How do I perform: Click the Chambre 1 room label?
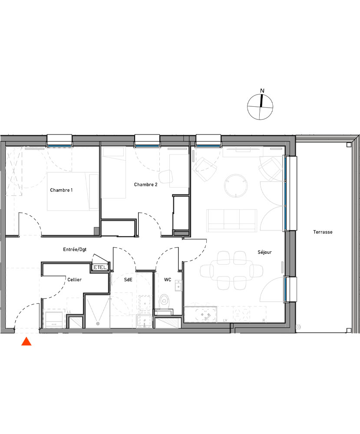[61, 190]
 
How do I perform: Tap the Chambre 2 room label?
[145, 184]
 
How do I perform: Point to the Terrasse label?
[323, 232]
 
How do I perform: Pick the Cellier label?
[74, 280]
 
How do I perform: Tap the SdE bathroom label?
[128, 280]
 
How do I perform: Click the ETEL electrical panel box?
[99, 268]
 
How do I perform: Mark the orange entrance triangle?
[26, 342]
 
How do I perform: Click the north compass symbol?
[261, 107]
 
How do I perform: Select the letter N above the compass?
[261, 91]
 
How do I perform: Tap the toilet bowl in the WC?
[164, 300]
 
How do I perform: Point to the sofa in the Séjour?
[232, 220]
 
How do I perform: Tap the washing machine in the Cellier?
[54, 318]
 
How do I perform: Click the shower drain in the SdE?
[97, 323]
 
